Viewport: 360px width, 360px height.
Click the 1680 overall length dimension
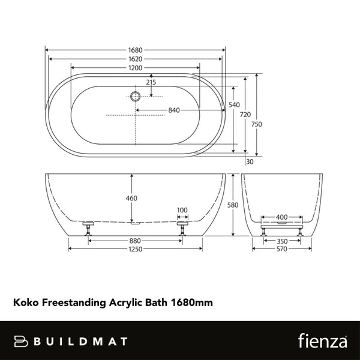[x=135, y=50]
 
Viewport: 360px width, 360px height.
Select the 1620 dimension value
[x=135, y=59]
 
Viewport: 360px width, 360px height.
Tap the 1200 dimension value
[x=135, y=68]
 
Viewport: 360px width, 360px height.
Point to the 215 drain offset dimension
[x=151, y=82]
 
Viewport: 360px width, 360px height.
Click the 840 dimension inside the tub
[x=175, y=110]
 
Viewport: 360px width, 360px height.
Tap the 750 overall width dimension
[x=257, y=124]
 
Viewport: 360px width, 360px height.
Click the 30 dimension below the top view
[x=250, y=162]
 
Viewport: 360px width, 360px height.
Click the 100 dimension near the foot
[x=182, y=210]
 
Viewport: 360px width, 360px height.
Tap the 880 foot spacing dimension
[x=135, y=241]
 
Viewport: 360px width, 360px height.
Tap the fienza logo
[x=322, y=341]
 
